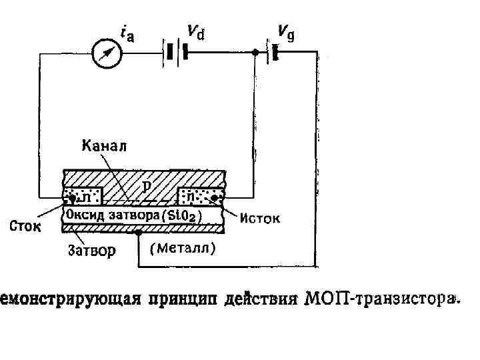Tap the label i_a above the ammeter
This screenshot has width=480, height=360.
point(127,33)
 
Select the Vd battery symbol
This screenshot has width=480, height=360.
point(175,52)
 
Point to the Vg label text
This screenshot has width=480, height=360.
point(286,31)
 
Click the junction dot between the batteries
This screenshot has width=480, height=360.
point(255,53)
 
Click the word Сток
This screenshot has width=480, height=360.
point(25,227)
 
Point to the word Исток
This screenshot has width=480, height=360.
point(260,218)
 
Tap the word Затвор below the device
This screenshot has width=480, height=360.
point(91,251)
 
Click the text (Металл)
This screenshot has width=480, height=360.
point(182,249)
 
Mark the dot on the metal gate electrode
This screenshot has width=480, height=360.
point(138,233)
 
